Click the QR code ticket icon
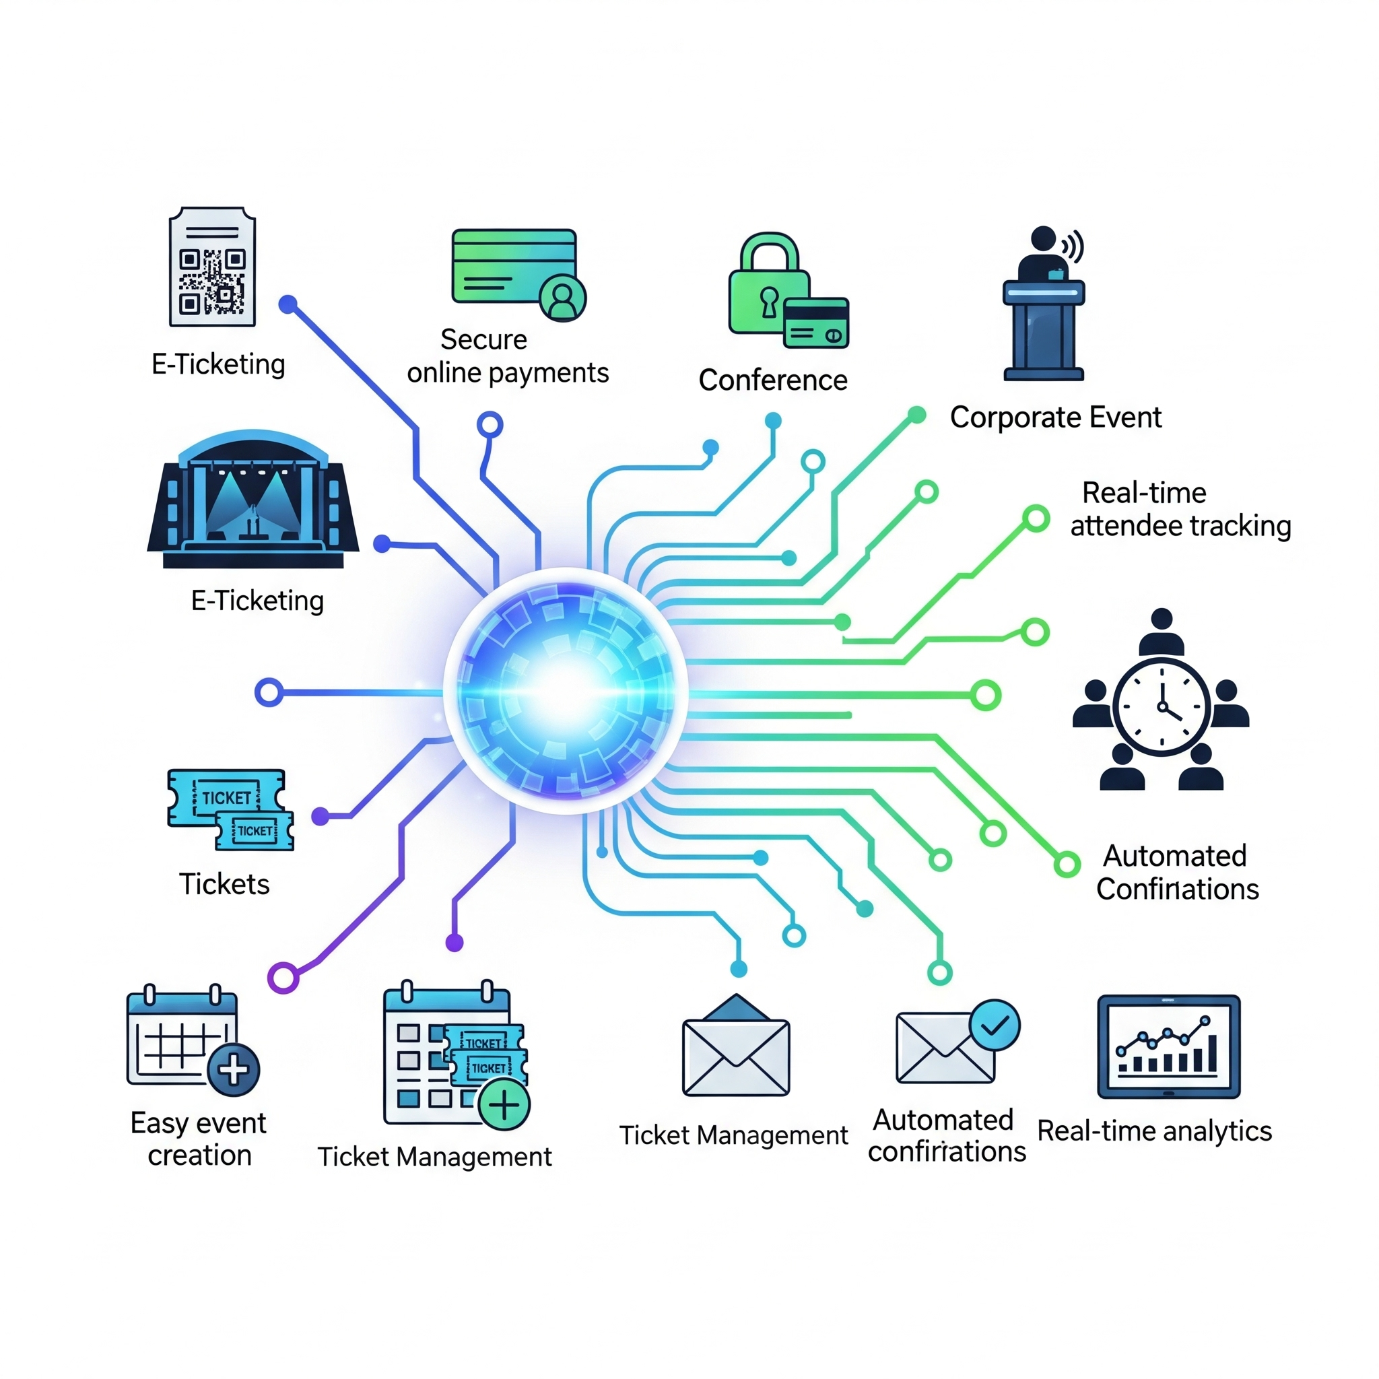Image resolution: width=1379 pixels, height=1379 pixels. (212, 266)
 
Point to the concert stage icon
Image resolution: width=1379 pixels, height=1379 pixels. (253, 500)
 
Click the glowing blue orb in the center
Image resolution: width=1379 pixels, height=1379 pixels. (566, 690)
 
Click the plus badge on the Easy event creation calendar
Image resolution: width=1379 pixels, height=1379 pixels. (234, 1069)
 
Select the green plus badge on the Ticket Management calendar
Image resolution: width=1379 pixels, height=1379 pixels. (504, 1105)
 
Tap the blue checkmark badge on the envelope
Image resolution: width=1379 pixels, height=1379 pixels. (995, 1025)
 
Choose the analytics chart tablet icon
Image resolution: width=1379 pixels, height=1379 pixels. (1168, 1046)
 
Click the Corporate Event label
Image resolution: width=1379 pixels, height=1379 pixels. (1056, 417)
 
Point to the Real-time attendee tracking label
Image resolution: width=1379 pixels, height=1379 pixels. (1180, 510)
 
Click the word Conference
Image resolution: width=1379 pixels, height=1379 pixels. (773, 380)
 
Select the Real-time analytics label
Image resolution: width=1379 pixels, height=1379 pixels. (1154, 1131)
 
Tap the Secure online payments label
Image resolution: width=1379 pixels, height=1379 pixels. (508, 356)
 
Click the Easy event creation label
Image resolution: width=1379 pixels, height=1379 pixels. (199, 1139)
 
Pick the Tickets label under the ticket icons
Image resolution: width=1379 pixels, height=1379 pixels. (224, 884)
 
